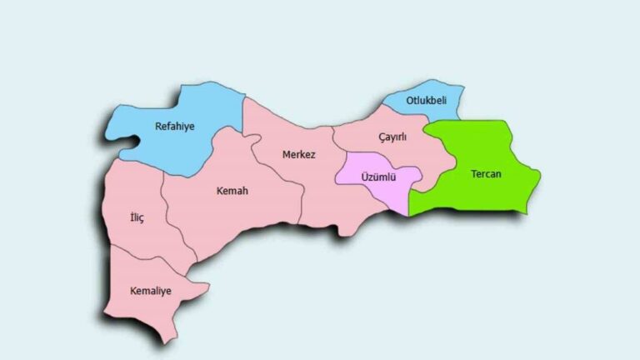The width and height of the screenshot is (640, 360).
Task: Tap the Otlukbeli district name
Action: click(x=426, y=101)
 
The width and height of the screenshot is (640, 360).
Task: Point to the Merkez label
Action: click(x=298, y=155)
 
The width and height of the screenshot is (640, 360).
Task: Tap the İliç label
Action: click(x=137, y=218)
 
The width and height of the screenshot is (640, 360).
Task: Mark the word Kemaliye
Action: click(x=151, y=291)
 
